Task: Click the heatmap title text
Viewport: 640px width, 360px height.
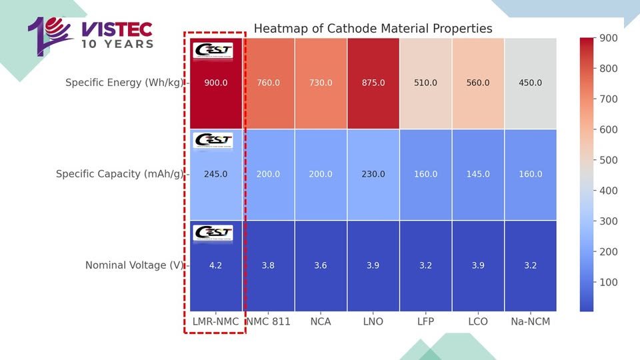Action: click(373, 29)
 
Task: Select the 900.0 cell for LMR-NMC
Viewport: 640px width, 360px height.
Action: click(215, 83)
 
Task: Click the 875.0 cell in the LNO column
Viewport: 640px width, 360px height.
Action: click(373, 83)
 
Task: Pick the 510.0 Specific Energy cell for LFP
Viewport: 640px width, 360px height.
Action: click(425, 83)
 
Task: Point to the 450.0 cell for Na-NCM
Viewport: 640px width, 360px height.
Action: click(530, 83)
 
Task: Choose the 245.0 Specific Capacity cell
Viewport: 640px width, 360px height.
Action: click(215, 174)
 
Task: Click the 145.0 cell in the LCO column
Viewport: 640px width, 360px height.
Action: click(478, 174)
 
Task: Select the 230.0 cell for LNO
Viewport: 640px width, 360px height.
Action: click(373, 174)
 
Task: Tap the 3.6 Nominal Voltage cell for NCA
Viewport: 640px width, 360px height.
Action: click(320, 265)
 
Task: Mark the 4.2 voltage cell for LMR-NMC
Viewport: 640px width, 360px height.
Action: click(215, 265)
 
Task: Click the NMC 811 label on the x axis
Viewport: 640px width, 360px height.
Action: click(268, 321)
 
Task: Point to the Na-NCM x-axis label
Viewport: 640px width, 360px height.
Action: click(530, 321)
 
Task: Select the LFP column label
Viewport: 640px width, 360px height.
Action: click(425, 321)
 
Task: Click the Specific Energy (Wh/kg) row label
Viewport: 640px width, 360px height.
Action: click(124, 83)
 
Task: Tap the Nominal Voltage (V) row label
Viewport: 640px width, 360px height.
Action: click(134, 265)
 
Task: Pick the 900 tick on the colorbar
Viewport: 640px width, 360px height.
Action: click(608, 38)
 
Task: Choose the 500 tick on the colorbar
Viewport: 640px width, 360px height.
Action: click(608, 160)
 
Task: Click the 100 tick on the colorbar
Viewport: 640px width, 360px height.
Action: click(608, 282)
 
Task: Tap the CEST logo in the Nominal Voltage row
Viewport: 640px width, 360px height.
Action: click(213, 233)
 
